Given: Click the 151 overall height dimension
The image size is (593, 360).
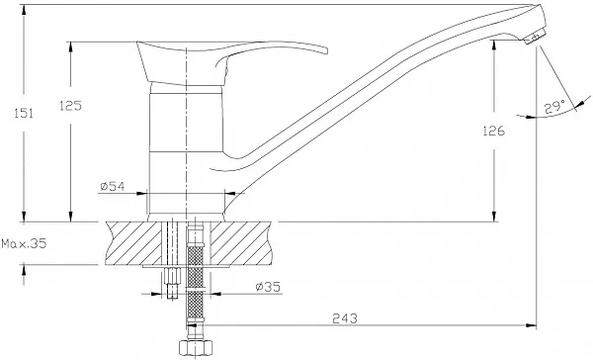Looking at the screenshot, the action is pyautogui.click(x=24, y=113).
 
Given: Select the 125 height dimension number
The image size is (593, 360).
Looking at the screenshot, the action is pyautogui.click(x=70, y=106).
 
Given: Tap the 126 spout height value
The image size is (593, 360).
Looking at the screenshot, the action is pyautogui.click(x=493, y=131).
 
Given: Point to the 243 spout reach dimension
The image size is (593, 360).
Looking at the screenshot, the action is pyautogui.click(x=345, y=318).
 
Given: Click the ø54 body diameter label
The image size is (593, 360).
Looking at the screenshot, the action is pyautogui.click(x=113, y=186).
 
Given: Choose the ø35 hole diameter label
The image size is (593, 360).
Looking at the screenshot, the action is pyautogui.click(x=268, y=287).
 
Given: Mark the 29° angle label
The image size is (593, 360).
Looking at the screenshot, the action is pyautogui.click(x=554, y=108).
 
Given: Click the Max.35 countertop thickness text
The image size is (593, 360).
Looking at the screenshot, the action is pyautogui.click(x=24, y=243).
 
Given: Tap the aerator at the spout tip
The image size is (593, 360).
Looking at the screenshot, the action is pyautogui.click(x=535, y=38).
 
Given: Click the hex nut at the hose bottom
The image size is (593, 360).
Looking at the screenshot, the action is pyautogui.click(x=196, y=347).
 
